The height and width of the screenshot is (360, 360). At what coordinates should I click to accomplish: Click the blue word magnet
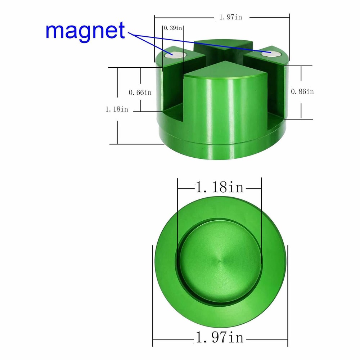pyautogui.click(x=85, y=31)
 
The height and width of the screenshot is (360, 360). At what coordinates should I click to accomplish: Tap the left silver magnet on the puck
pyautogui.click(x=176, y=55)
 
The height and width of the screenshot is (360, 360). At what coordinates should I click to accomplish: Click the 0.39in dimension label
pyautogui.click(x=173, y=28)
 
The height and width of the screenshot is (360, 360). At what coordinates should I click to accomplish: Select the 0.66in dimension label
pyautogui.click(x=140, y=93)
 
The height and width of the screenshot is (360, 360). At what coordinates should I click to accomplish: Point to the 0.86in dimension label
pyautogui.click(x=302, y=91)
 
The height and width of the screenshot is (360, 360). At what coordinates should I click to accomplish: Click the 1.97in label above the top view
pyautogui.click(x=231, y=17)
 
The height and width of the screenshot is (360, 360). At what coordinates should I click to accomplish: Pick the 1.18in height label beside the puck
pyautogui.click(x=117, y=109)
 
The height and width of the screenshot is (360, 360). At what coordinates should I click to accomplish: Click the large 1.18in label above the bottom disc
pyautogui.click(x=219, y=187)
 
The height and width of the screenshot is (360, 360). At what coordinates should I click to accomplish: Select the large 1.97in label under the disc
pyautogui.click(x=219, y=338)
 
